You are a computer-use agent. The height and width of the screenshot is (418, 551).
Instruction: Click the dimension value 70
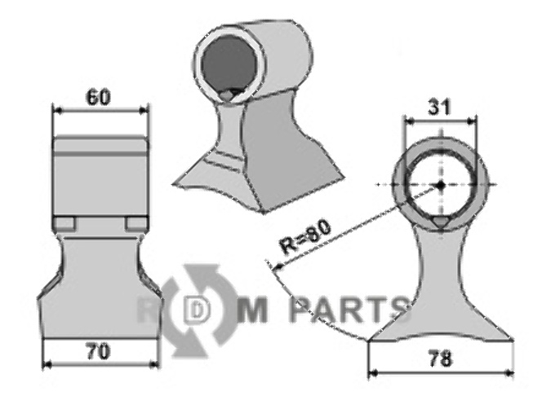pyautogui.click(x=98, y=351)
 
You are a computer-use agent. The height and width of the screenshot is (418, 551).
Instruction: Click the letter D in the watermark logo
pyautogui.click(x=196, y=310)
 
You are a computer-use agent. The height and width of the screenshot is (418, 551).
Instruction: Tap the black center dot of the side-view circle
pyautogui.click(x=440, y=186)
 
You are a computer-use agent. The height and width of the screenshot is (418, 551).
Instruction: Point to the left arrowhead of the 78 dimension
pyautogui.click(x=372, y=373)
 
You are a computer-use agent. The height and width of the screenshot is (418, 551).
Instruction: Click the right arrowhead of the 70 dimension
pyautogui.click(x=154, y=363)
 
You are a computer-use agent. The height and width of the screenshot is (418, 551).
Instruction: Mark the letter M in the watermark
pyautogui.click(x=256, y=310)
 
